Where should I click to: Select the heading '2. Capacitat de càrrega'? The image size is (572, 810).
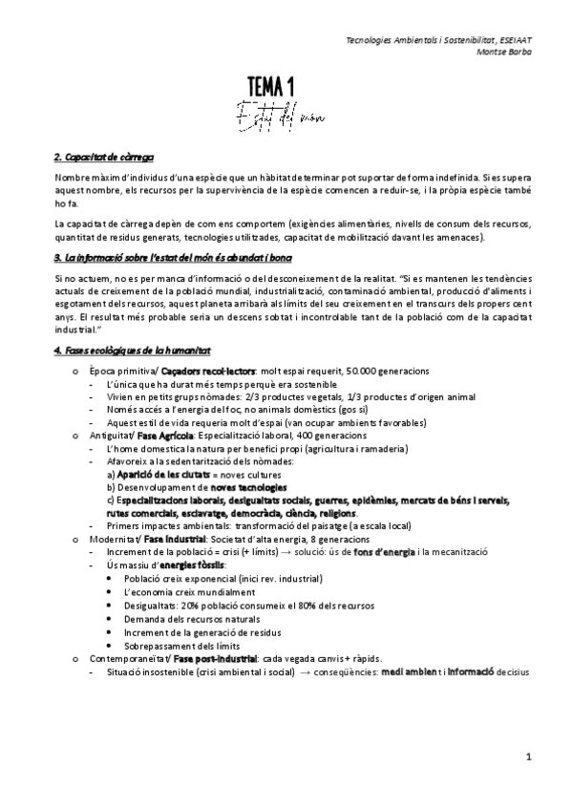105,156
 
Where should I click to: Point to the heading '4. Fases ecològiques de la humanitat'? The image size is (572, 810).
133,352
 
